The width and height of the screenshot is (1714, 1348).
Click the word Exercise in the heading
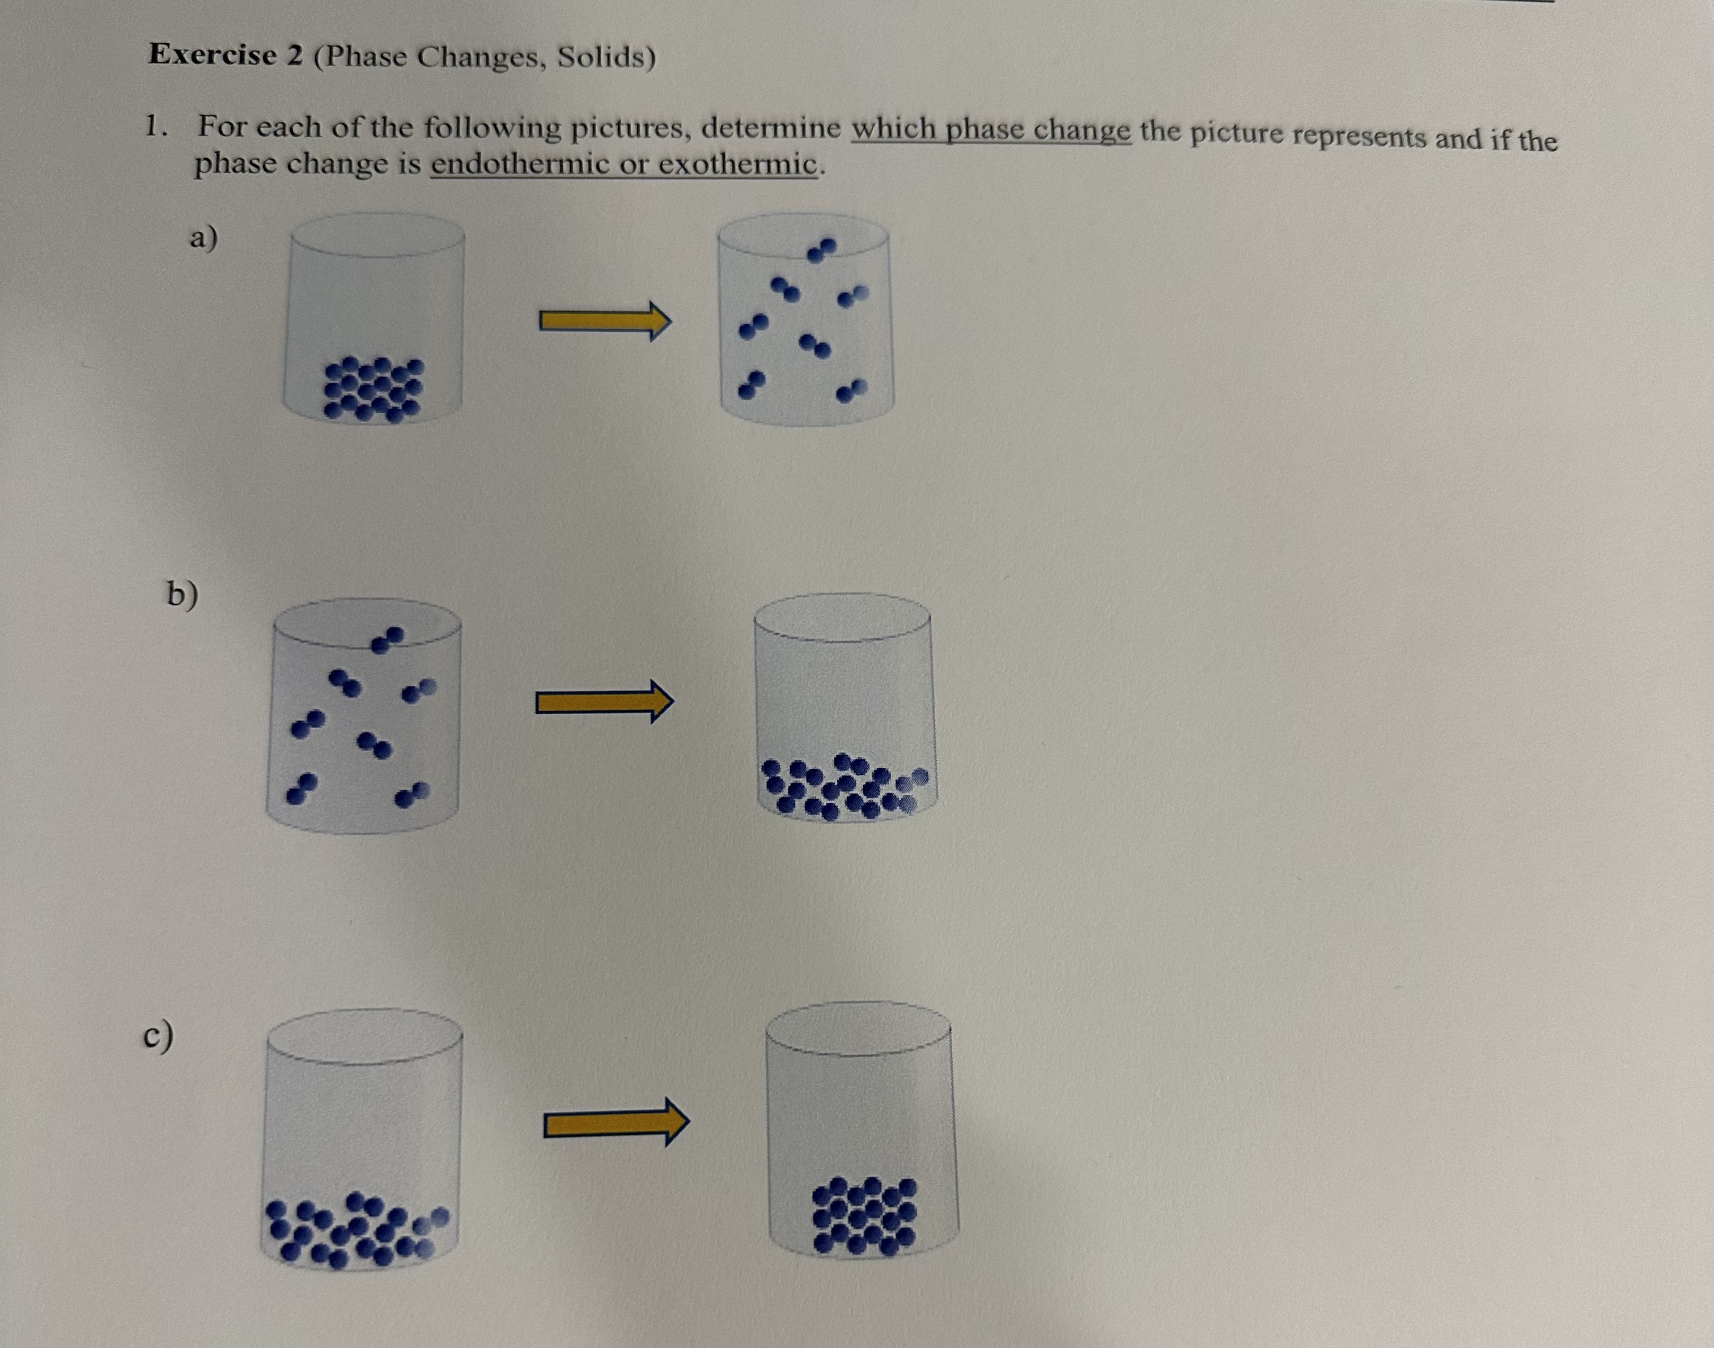(213, 54)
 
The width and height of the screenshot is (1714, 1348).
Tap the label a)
(203, 237)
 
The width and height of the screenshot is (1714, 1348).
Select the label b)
(181, 594)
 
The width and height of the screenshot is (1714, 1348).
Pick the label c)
(158, 1036)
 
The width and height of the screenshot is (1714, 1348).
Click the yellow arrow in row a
(604, 320)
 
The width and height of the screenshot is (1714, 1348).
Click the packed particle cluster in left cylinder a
(374, 388)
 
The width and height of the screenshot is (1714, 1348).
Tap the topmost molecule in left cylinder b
(388, 640)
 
